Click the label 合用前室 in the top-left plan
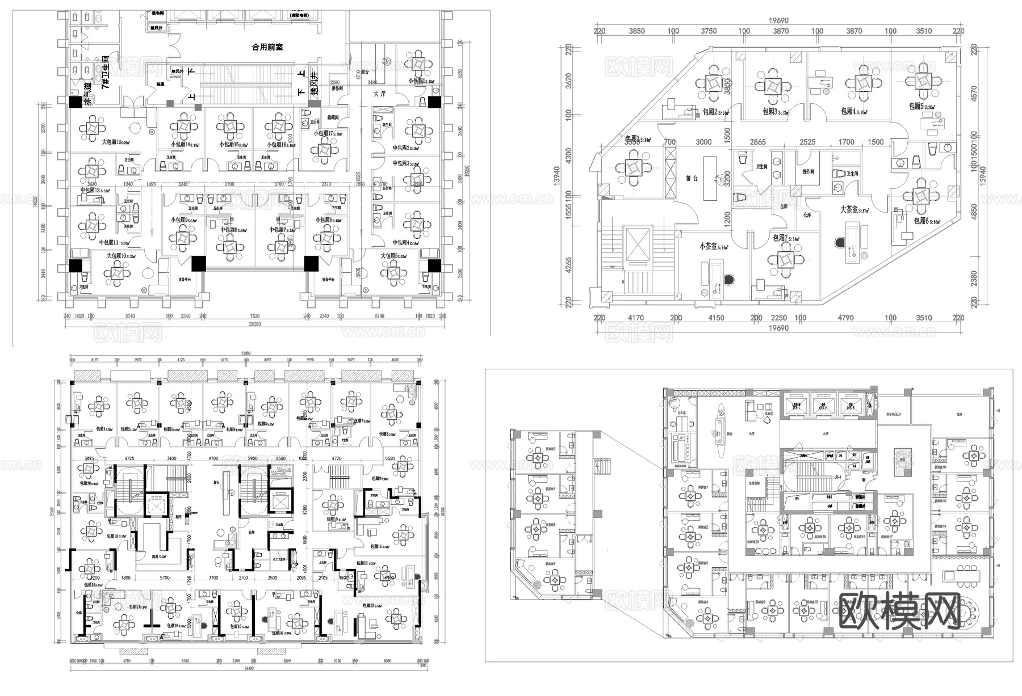click(267, 48)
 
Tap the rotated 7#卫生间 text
click(106, 72)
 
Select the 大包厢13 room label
click(116, 142)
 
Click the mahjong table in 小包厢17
click(325, 151)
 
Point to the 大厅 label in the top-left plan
click(379, 94)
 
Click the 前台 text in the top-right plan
click(691, 178)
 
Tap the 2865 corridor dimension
click(757, 142)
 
